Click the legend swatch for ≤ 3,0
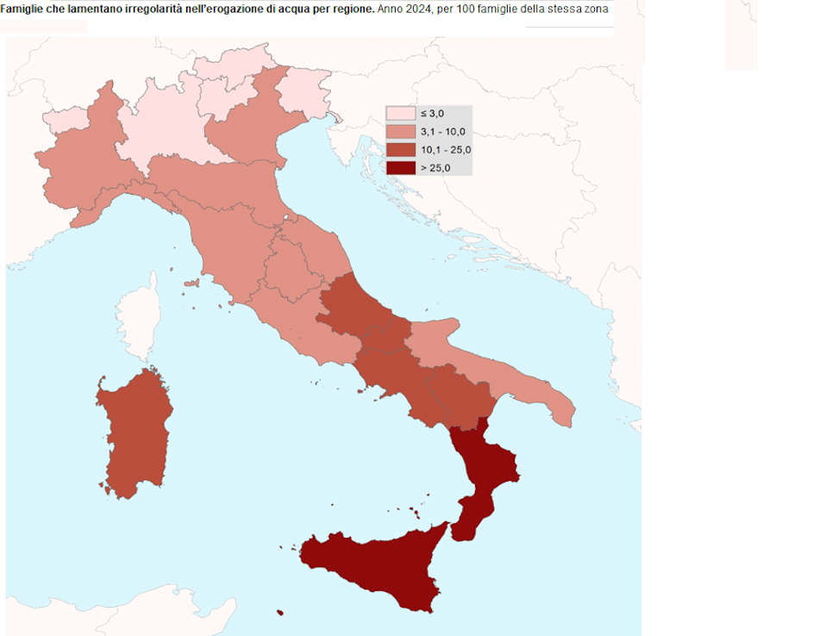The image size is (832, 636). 400,114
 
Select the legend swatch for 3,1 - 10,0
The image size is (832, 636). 400,132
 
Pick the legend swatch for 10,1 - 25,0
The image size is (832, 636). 400,150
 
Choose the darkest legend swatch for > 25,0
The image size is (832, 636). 400,168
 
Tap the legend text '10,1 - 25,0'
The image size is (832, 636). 447,150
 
